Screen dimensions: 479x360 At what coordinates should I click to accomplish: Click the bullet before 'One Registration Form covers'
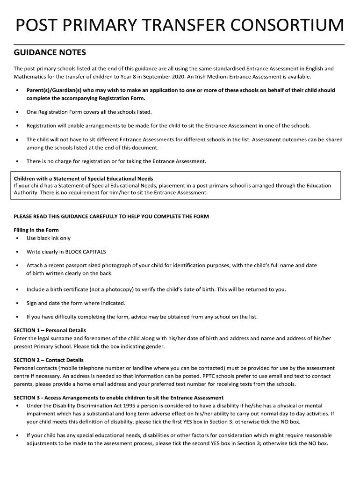tap(17, 112)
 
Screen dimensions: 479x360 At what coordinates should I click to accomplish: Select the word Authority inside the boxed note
tap(27, 192)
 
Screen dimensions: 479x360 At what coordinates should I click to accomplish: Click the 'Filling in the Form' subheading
tap(36, 230)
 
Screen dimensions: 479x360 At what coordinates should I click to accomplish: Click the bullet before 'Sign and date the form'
tap(17, 303)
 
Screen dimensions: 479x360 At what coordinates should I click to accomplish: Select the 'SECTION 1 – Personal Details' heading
tap(50, 330)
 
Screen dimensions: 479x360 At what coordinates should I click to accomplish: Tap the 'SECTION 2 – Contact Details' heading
tap(49, 360)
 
